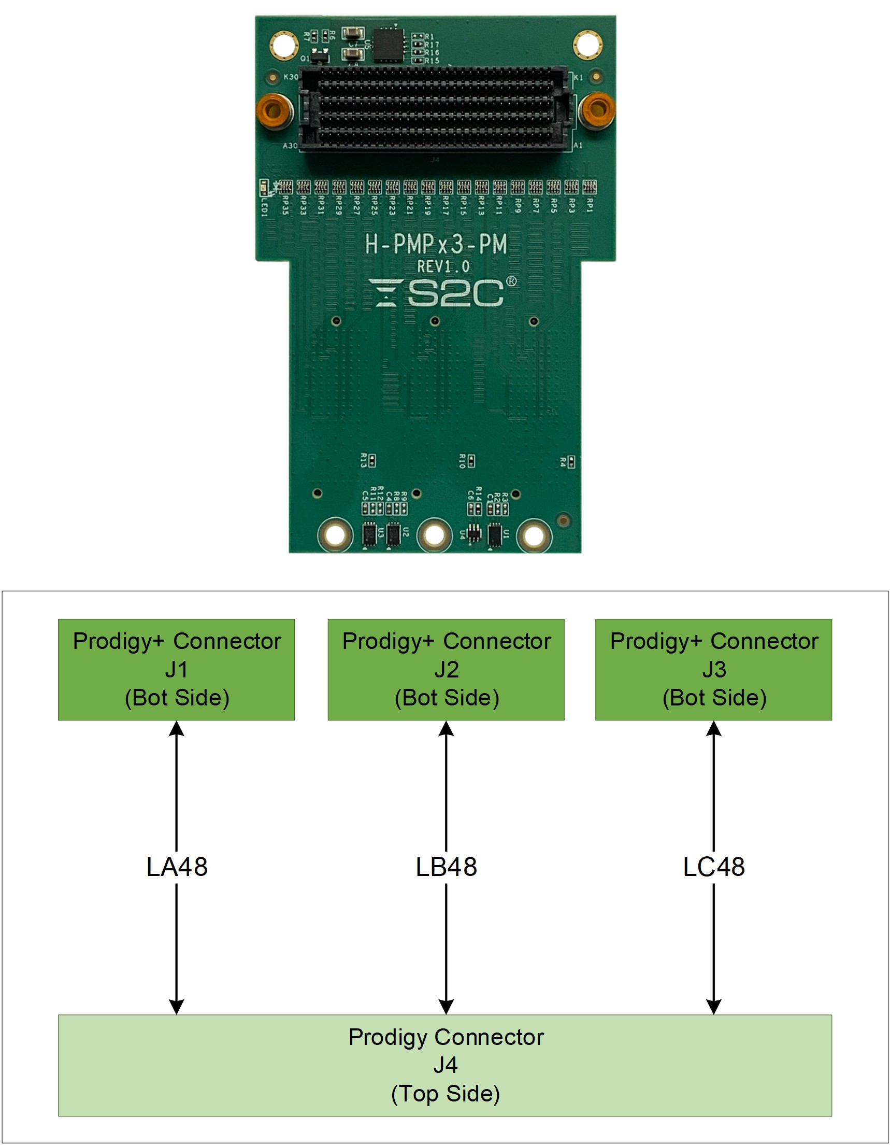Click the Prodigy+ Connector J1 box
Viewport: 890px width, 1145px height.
pos(176,669)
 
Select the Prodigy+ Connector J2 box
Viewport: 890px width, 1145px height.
pos(446,669)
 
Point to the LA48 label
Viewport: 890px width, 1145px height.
pos(177,867)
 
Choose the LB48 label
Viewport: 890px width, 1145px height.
pos(446,867)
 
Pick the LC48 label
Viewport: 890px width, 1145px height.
pos(713,867)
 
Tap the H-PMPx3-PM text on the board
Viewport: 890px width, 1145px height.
pos(436,244)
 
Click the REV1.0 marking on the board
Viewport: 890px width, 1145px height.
pos(443,266)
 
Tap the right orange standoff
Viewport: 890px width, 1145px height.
pos(596,109)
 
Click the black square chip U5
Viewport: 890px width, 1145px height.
pos(387,45)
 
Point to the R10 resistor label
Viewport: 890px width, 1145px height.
pos(462,461)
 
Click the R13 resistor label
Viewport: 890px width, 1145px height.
pos(363,460)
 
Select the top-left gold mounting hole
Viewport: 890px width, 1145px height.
pos(284,45)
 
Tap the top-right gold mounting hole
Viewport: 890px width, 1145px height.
pos(587,45)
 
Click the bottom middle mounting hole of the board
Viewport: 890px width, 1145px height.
pos(434,535)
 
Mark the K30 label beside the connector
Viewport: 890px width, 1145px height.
pos(291,77)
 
